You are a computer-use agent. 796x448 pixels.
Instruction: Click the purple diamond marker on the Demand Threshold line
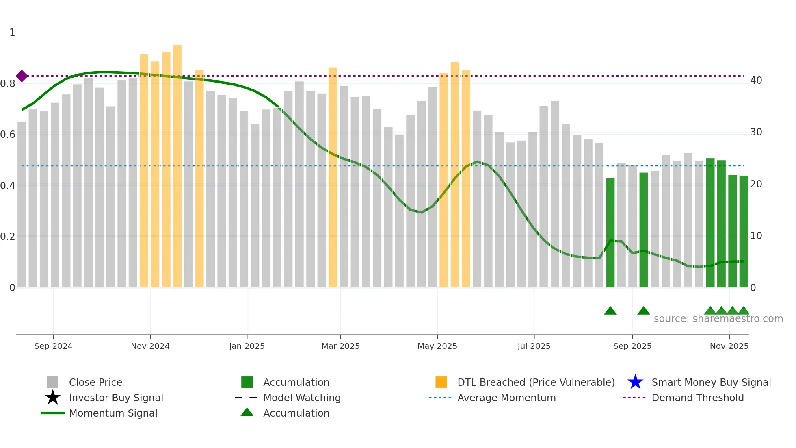coord(22,76)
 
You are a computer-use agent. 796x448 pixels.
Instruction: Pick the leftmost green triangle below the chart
coord(610,311)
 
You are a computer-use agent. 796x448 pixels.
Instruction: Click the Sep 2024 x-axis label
coord(53,346)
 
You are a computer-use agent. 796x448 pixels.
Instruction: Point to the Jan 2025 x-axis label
coord(247,346)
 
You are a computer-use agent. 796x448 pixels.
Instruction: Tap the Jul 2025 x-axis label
coord(534,346)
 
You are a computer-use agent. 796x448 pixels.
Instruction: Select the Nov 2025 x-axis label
coord(729,346)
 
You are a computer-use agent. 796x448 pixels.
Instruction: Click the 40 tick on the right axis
coord(756,80)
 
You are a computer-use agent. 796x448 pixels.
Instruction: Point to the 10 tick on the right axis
coord(756,236)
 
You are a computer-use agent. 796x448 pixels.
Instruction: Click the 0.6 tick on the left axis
coord(8,135)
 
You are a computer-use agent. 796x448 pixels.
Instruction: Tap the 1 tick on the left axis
coord(12,33)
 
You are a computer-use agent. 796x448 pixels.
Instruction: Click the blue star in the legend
coord(635,382)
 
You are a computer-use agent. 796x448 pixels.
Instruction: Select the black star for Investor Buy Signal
coord(53,398)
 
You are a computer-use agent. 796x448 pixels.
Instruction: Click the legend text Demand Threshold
coord(697,398)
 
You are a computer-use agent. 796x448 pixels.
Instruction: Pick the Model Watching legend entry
coord(302,398)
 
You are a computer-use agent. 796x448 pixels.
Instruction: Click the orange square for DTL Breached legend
coord(441,382)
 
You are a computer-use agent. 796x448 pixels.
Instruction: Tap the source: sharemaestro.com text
coord(718,319)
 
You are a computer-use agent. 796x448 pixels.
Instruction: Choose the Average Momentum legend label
coord(506,398)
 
